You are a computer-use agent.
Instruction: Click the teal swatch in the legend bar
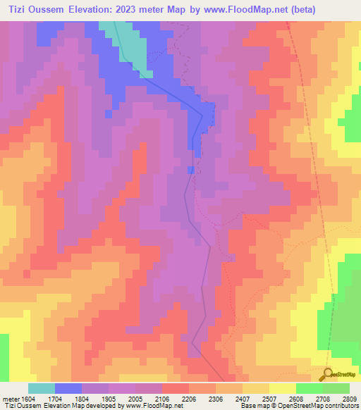tap(41, 388)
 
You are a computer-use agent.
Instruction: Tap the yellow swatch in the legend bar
tap(282, 388)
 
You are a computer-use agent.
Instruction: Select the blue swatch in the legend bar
tap(68, 388)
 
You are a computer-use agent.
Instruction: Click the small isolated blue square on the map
tap(191, 170)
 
